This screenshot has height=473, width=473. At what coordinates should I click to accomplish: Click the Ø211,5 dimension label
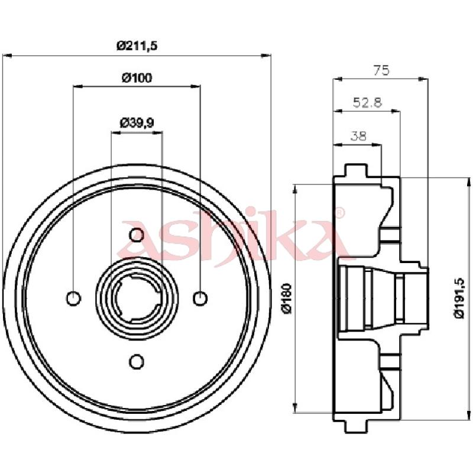[x=137, y=46]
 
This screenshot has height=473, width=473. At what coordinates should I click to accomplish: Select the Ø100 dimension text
[x=137, y=78]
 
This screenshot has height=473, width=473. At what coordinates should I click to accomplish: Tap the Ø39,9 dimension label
[x=137, y=123]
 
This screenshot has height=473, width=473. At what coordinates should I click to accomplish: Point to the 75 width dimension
[x=381, y=70]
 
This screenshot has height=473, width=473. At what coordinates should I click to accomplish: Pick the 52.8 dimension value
[x=367, y=102]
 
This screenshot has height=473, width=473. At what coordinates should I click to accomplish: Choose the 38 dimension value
[x=358, y=136]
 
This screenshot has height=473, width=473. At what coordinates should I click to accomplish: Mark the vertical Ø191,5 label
[x=459, y=299]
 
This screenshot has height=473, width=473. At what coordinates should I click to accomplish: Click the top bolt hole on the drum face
[x=137, y=235]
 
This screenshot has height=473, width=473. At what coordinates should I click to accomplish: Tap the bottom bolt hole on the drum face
[x=137, y=361]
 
